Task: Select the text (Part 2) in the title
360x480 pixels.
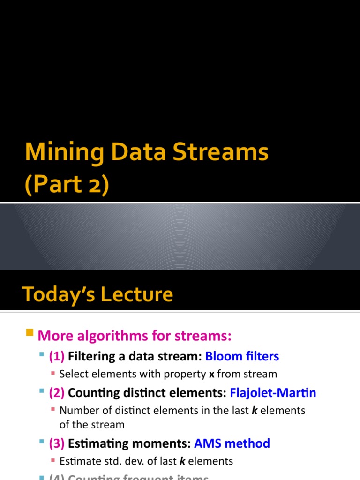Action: point(67,184)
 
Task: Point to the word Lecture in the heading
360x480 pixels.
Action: point(142,294)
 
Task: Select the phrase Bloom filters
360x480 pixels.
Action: point(242,356)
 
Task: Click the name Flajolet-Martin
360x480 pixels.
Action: point(273,393)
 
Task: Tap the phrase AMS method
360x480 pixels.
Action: point(232,443)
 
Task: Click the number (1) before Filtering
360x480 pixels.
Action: point(57,356)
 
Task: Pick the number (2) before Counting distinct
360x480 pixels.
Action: point(57,393)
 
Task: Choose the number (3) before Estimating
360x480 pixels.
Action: point(57,443)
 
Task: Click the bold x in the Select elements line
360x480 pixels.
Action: point(212,374)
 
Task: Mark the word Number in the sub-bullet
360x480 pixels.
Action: point(76,411)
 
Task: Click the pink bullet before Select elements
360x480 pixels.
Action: point(53,374)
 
